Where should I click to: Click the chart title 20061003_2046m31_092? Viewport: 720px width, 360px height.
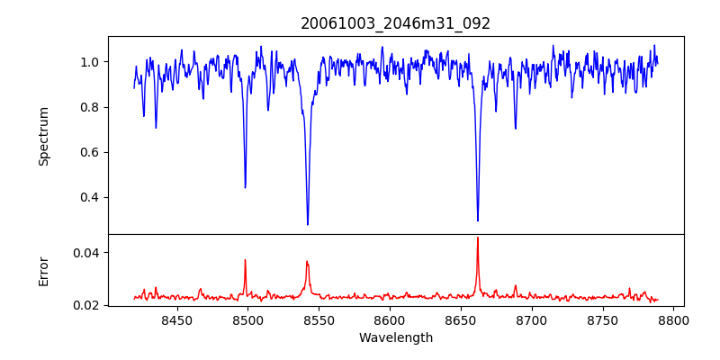(396, 23)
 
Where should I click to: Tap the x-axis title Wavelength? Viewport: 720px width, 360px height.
(396, 338)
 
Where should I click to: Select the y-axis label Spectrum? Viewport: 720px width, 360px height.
(44, 136)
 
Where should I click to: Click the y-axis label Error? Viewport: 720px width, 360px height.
(44, 270)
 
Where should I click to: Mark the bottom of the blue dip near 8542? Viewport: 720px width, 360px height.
(308, 224)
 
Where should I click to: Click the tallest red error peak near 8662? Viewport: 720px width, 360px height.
(478, 238)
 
